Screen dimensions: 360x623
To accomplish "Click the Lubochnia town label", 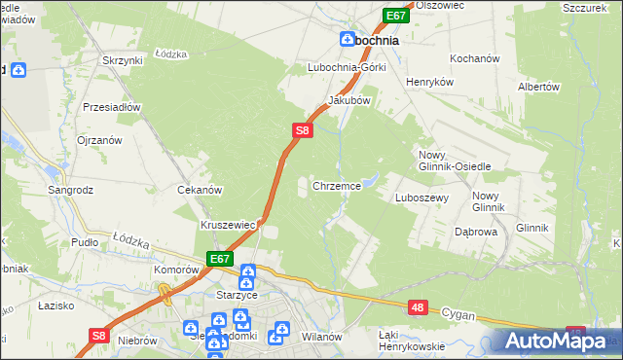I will coord(383,41).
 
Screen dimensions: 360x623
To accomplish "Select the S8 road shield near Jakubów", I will coord(303,129).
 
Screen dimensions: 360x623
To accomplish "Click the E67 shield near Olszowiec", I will coord(395,16).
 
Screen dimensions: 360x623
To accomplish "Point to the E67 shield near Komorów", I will coord(219,259).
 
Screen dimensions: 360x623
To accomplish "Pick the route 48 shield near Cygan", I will coord(418,307).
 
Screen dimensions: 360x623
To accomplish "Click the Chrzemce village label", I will coord(337,185).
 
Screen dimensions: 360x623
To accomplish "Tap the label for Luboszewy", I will coord(421,198).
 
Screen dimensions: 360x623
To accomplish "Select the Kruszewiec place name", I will coord(228,224).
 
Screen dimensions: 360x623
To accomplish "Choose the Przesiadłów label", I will coord(113,108).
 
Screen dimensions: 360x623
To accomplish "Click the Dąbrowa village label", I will coord(477,233).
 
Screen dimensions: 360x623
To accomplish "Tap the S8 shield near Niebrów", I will coord(96,335).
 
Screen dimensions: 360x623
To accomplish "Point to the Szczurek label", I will coord(587,7).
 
